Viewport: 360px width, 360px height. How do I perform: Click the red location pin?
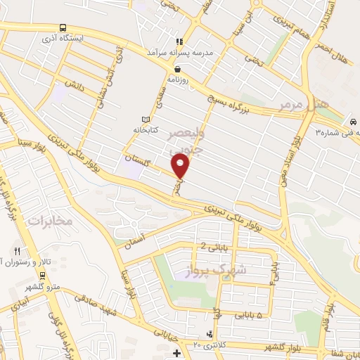point(181,167)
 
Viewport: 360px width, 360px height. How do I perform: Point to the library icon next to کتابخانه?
point(146,120)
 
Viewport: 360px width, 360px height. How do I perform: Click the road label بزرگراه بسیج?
point(231,99)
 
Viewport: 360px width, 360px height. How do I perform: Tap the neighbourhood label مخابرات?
point(50,221)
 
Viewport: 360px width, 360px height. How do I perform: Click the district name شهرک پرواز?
point(221,272)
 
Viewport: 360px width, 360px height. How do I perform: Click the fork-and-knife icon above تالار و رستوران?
point(17,251)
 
